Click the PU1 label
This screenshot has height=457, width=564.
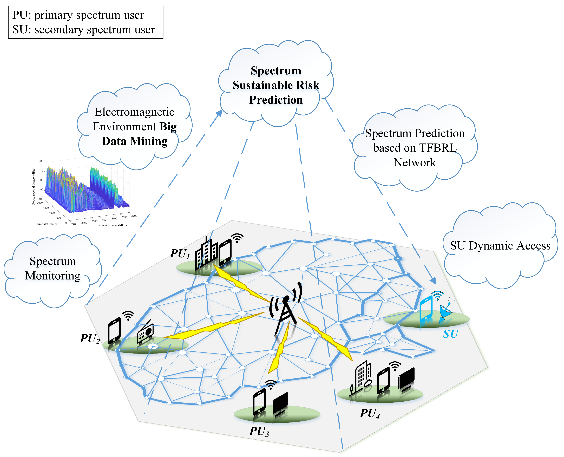coord(180,254)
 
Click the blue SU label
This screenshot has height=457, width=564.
coord(450,334)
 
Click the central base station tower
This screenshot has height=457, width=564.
coord(286,311)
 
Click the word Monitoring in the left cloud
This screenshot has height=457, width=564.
coord(53,276)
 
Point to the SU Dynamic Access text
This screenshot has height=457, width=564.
coord(500,246)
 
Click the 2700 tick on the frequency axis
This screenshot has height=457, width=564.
coord(134,216)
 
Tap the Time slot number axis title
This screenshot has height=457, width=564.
coord(47,224)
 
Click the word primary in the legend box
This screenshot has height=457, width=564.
coord(53,15)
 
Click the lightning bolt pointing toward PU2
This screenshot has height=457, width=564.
coord(213,327)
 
